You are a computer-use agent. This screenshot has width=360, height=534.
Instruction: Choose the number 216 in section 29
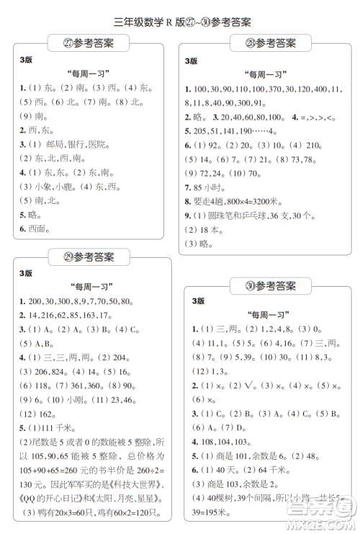(x=42, y=316)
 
